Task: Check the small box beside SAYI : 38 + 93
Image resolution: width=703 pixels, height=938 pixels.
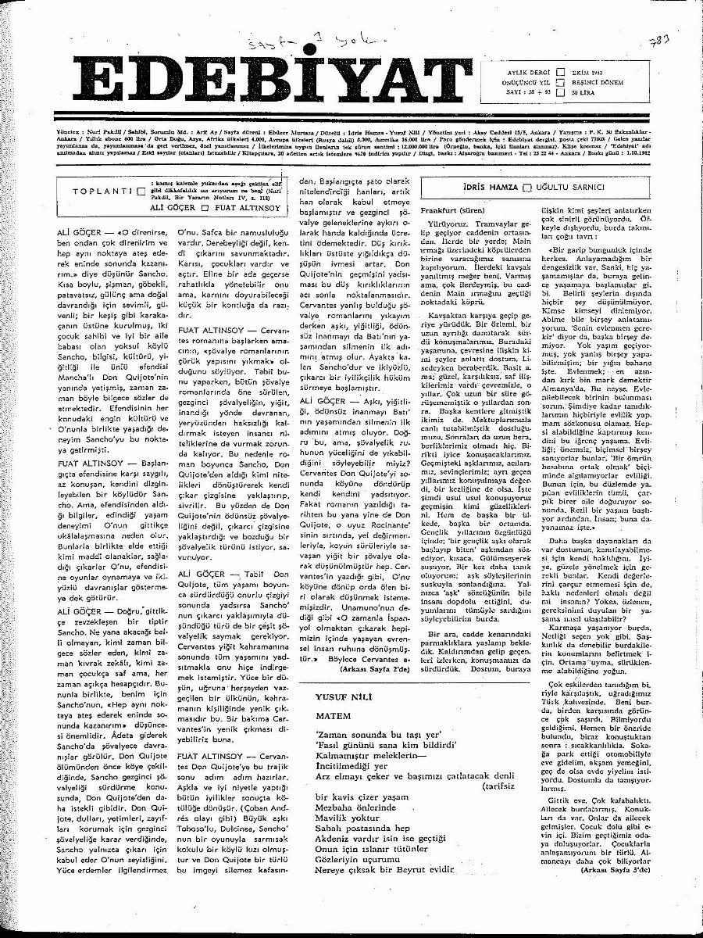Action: [560, 92]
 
